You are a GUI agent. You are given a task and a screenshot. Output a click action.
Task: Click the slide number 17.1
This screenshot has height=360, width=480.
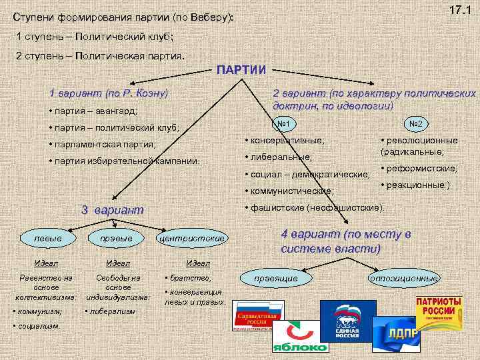459,11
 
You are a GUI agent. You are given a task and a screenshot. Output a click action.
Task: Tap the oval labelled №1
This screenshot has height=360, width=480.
285,123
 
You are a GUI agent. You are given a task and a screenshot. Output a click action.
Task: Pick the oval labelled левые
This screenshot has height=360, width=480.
49,238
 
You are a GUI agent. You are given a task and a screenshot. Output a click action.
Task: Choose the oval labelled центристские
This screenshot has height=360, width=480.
192,238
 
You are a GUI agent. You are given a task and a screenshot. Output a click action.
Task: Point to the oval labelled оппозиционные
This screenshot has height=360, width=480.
405,277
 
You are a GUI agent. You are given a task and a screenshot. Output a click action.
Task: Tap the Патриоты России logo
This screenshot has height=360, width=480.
439,313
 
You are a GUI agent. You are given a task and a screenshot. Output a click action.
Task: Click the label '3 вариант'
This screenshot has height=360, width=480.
112,210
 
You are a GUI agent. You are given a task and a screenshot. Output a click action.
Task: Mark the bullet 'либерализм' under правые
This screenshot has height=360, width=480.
113,311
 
